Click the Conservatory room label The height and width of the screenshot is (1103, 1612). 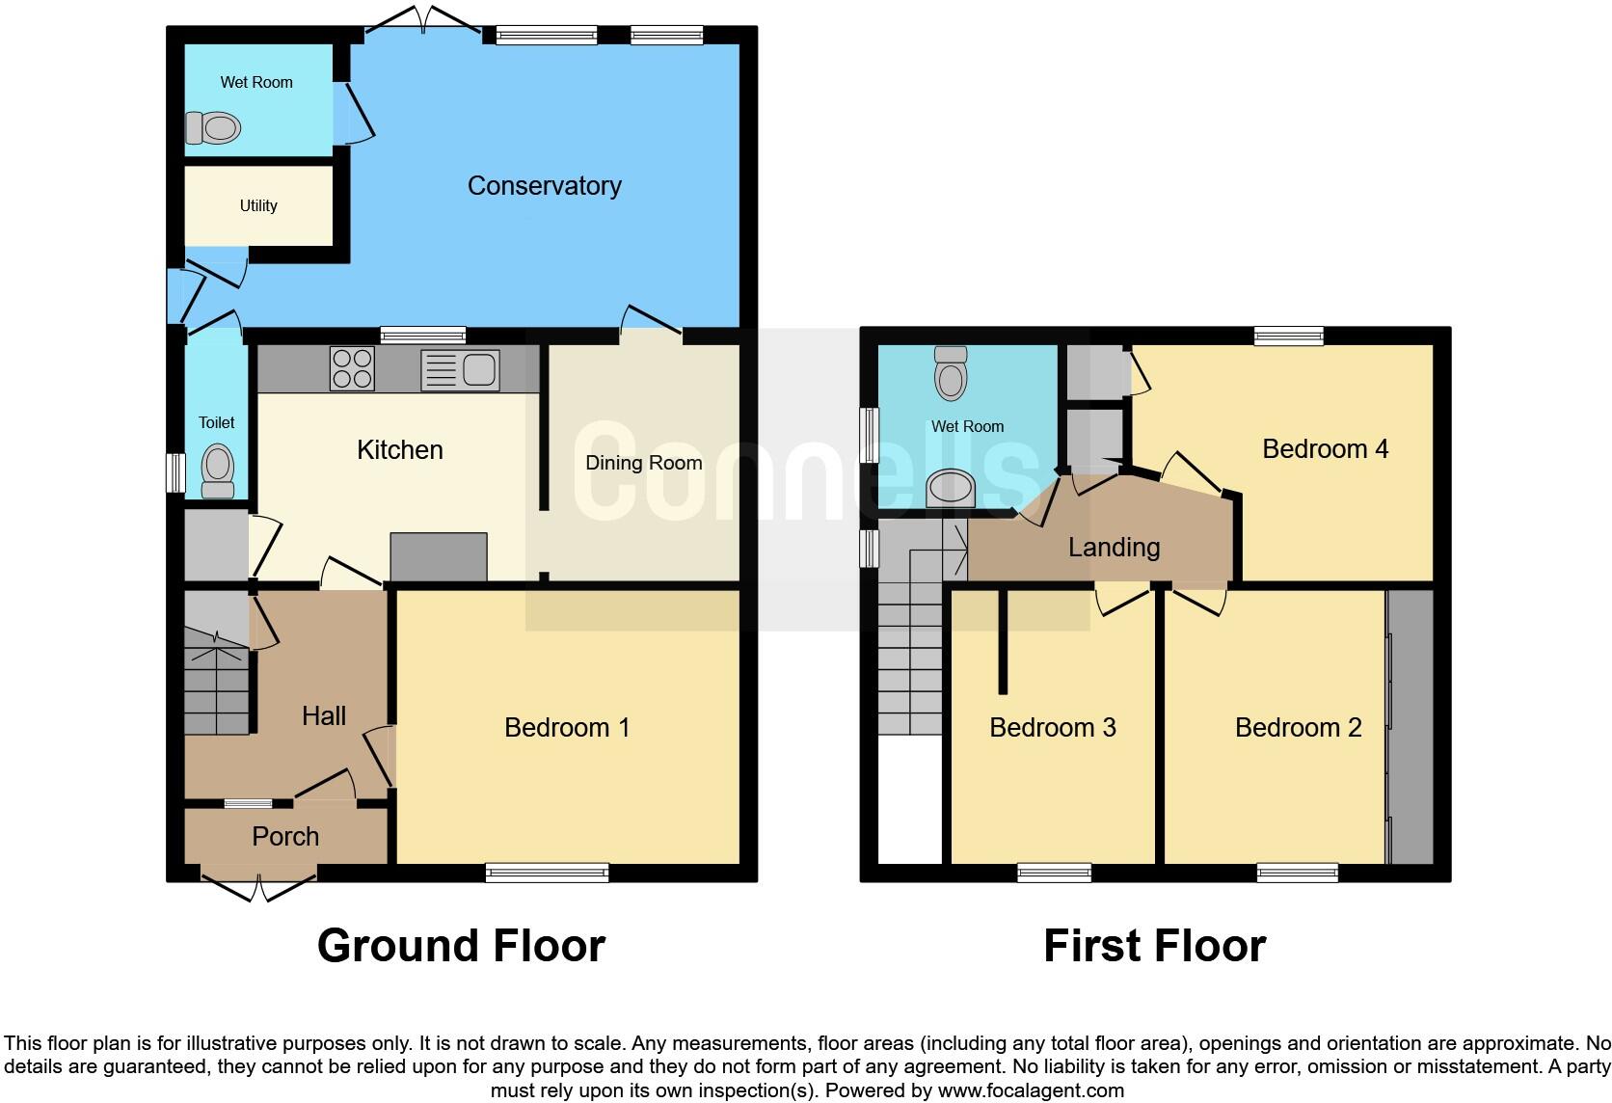coord(544,185)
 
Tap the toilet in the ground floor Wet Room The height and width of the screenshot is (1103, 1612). coord(213,127)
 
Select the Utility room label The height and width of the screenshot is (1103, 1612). coord(258,205)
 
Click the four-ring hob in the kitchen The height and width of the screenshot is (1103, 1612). coord(352,368)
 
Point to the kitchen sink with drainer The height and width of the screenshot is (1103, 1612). coord(461,369)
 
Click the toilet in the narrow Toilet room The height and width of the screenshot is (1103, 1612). coord(218,471)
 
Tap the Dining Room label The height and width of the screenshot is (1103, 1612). coord(643,463)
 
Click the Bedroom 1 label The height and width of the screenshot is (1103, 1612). coord(567,727)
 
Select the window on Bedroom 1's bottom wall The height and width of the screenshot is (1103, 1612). coord(548,873)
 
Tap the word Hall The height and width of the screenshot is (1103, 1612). coord(324,715)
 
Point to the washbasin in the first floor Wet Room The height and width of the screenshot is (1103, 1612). coord(951,488)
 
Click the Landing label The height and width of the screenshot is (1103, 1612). coord(1114,548)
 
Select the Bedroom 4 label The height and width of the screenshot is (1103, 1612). coord(1325,448)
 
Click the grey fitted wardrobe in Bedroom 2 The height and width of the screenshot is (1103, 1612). coord(1411,727)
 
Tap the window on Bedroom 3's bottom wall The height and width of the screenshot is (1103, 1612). coord(1055,873)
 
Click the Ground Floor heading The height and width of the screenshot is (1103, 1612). coord(461,946)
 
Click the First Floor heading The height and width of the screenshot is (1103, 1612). coord(1154,946)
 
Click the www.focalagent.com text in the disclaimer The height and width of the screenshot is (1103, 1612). coord(1031,1091)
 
